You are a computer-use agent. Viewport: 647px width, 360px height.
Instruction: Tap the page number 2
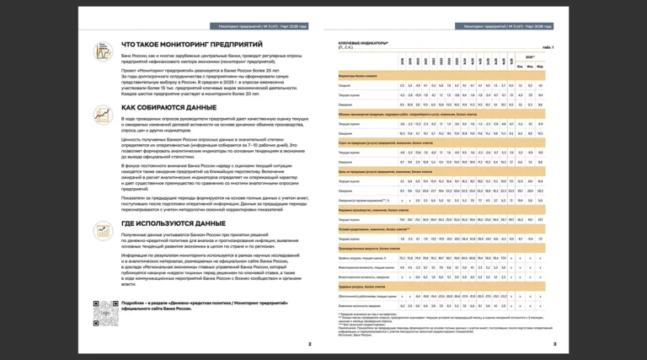(308, 344)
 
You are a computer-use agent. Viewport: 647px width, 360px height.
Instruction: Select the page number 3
(553, 344)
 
